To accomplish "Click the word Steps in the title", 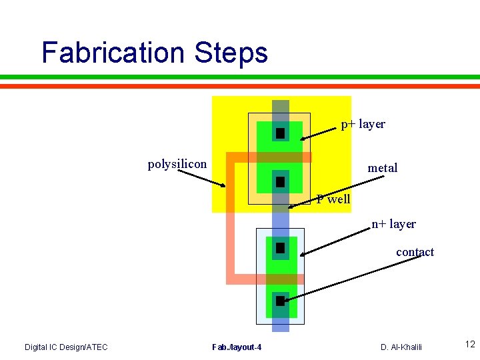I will [232, 53].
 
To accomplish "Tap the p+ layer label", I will [363, 124].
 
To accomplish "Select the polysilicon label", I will [177, 164].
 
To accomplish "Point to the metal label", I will [382, 168].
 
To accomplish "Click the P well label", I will [333, 199].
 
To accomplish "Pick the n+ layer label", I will [393, 224].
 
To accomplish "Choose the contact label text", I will [415, 252].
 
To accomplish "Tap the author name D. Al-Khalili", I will [401, 347].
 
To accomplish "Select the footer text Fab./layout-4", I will [237, 347].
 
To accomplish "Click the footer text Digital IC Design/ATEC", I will [66, 347].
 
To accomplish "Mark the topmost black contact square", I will [280, 133].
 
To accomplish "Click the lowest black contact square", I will [280, 301].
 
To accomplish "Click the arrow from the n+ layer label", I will [337, 241].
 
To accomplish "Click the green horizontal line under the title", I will [240, 77].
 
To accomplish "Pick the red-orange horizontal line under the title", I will [240, 86].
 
